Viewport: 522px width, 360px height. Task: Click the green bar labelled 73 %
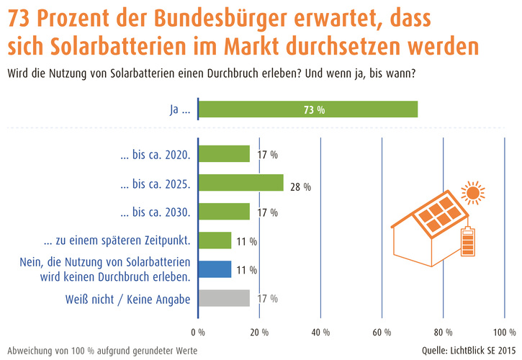[x=307, y=109]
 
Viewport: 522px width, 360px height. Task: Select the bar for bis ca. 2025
[x=240, y=183]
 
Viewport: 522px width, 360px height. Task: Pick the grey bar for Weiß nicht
[x=224, y=297]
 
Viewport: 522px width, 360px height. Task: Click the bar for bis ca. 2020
[x=224, y=154]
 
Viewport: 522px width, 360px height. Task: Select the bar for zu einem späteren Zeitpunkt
[x=215, y=240]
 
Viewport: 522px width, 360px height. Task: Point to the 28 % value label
[x=301, y=186]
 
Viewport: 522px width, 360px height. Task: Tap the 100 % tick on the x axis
[x=502, y=333]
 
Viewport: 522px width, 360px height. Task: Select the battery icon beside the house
[x=469, y=242]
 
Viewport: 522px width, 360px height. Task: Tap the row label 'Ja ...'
[x=178, y=110]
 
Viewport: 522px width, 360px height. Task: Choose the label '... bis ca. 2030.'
[x=156, y=212]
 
